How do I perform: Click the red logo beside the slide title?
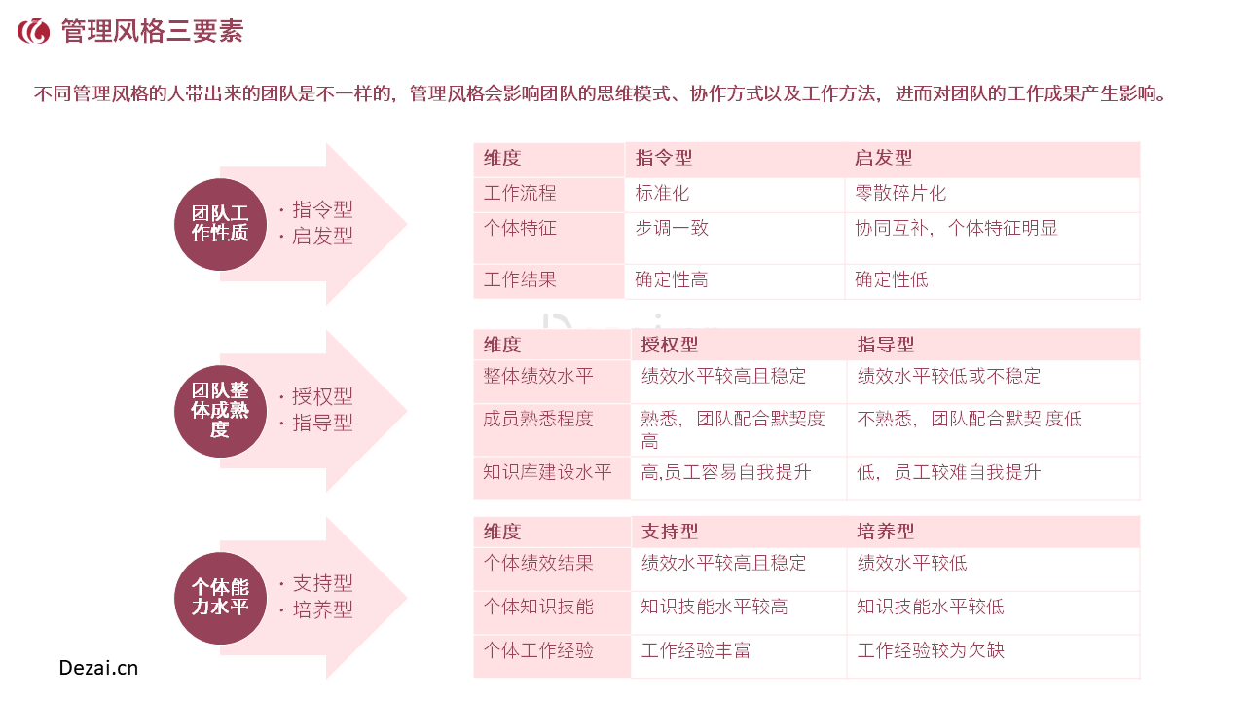tap(34, 31)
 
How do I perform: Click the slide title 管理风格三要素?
tap(152, 31)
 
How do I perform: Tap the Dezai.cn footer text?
tap(98, 668)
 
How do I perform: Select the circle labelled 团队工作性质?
tap(220, 224)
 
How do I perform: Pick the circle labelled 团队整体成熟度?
tap(220, 411)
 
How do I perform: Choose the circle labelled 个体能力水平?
tap(220, 598)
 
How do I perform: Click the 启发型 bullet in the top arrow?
tap(322, 236)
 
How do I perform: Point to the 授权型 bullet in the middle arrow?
tap(322, 396)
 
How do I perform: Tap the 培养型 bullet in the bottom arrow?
tap(322, 609)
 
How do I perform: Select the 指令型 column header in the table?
tap(664, 158)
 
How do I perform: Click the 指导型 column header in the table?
tap(886, 345)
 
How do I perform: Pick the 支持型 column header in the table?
tap(669, 532)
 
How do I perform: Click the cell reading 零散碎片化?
tap(900, 193)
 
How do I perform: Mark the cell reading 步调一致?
tap(672, 228)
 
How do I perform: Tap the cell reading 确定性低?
tap(891, 279)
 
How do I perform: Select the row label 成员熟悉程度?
tap(538, 419)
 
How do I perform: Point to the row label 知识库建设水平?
tap(547, 472)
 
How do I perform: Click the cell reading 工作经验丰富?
tap(695, 650)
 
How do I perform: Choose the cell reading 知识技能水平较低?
tap(930, 607)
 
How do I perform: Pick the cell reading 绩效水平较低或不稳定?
tap(948, 376)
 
